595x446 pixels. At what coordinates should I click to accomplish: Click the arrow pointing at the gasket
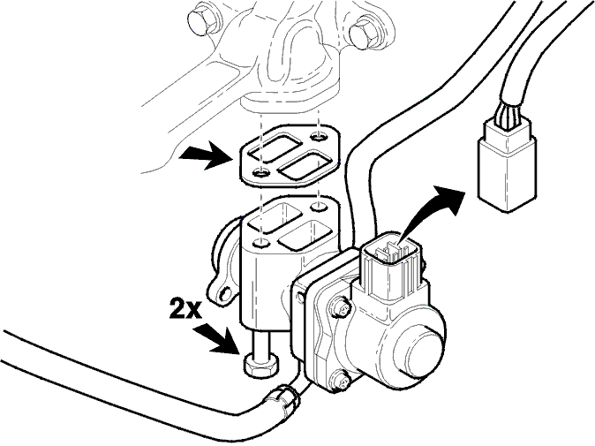207,155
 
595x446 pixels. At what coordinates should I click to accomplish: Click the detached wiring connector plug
508,166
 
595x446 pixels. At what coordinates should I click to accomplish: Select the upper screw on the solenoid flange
342,308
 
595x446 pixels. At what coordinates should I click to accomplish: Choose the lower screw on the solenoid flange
339,382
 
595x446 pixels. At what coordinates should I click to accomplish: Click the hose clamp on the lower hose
282,400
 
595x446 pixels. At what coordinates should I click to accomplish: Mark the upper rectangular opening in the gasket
278,147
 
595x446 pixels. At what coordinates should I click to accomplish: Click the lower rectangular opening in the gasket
305,168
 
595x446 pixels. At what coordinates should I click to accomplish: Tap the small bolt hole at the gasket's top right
318,135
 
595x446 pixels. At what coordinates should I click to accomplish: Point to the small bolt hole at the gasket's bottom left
260,173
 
